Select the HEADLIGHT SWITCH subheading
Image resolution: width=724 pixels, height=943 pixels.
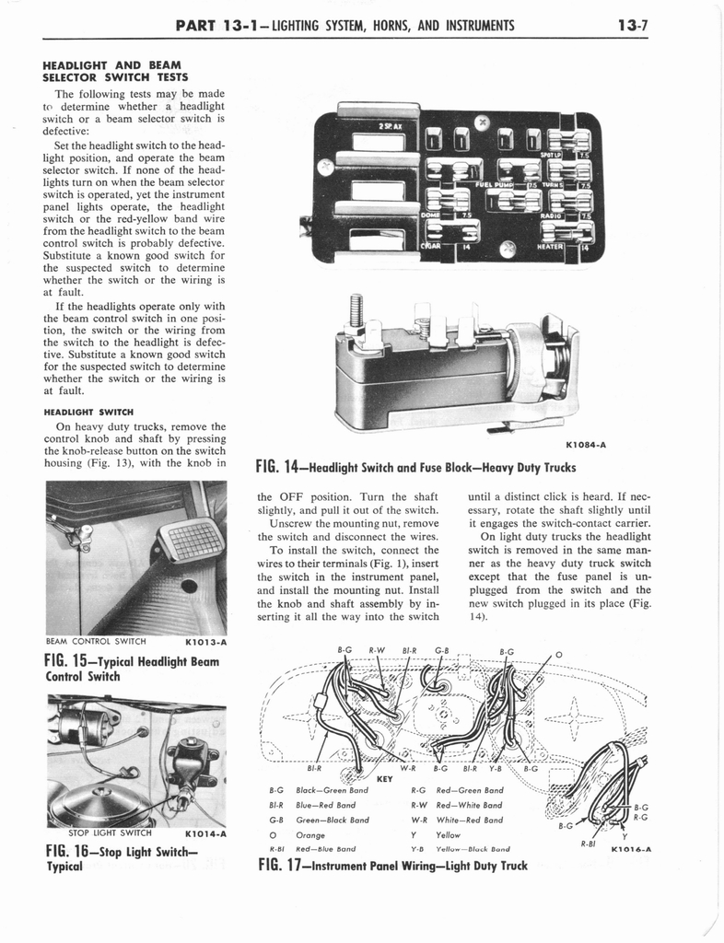pyautogui.click(x=91, y=411)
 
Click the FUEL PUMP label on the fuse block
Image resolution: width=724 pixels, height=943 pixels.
pyautogui.click(x=494, y=184)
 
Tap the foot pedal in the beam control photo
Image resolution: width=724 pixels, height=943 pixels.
pyautogui.click(x=191, y=541)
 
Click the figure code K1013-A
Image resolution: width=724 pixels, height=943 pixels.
pyautogui.click(x=205, y=642)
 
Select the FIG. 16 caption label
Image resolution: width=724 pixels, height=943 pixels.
pyautogui.click(x=72, y=852)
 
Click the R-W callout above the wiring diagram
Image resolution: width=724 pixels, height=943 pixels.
pyautogui.click(x=378, y=649)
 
